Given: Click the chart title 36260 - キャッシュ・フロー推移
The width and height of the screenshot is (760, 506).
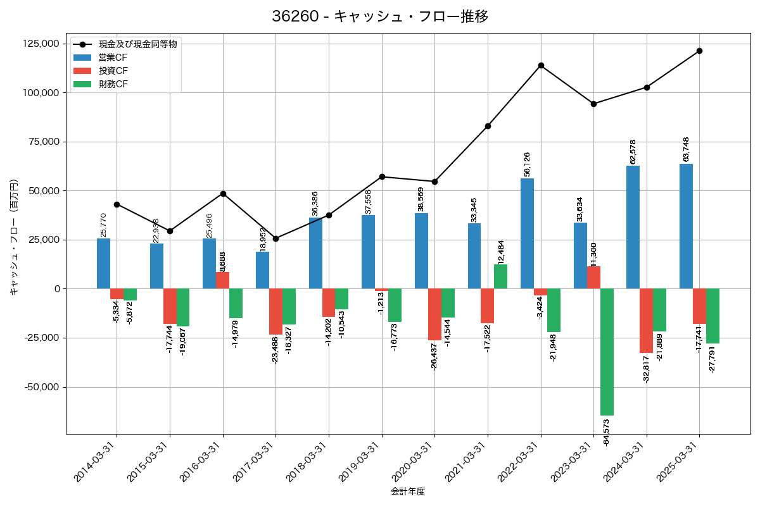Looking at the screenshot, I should pos(380,16).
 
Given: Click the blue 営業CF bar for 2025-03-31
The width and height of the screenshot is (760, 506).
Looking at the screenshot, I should pos(686,226).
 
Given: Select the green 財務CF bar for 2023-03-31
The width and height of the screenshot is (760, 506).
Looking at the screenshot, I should pos(607,352).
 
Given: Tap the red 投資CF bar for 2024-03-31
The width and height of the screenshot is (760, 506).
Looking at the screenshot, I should pos(646,321).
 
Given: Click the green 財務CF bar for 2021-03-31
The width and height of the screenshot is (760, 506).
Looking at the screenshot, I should pos(500,276).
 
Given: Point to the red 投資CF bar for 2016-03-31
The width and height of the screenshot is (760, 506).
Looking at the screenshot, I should pos(223,280).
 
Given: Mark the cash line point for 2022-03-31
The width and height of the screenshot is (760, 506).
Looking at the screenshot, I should pos(541,65).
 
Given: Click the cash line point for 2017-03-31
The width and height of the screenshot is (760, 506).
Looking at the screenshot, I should pos(275,238).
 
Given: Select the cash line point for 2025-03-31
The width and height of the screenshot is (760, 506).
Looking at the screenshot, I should pos(699,51).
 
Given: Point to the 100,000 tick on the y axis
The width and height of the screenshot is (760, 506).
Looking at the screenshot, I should pos(41,92).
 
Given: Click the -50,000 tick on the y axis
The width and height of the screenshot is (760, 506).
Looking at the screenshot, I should pos(41,387).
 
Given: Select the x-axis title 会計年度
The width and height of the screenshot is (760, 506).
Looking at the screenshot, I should pos(408,491).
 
